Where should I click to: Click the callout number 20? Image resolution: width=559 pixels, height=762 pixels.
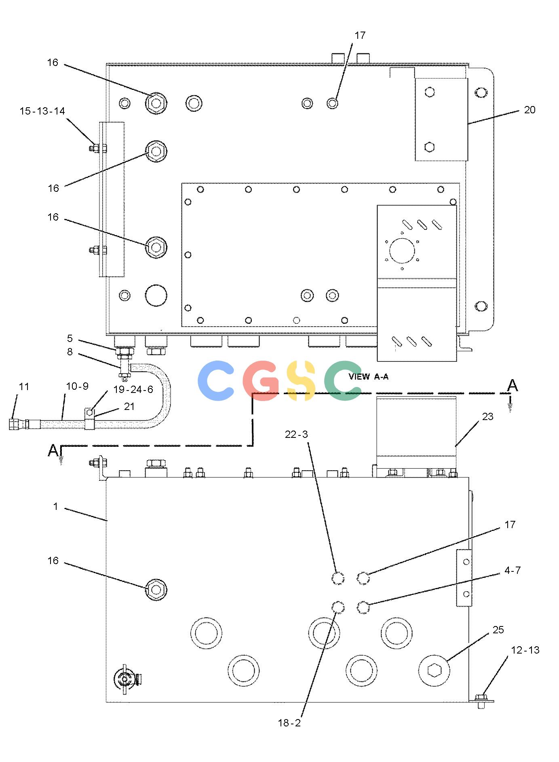(529, 110)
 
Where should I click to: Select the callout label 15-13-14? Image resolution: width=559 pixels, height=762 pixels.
(42, 111)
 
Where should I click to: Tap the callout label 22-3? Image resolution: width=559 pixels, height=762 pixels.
(296, 435)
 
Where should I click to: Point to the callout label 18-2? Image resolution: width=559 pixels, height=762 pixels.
(289, 723)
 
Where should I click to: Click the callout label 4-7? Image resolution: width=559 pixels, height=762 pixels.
(513, 571)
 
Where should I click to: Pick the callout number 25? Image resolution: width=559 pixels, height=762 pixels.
(498, 630)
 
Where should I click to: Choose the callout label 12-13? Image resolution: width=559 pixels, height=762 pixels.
(525, 650)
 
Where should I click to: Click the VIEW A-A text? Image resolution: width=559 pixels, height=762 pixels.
(369, 377)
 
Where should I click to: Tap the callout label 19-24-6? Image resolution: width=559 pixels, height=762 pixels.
(133, 389)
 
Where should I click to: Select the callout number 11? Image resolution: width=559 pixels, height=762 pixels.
(24, 387)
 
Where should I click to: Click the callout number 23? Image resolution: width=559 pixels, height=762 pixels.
(488, 416)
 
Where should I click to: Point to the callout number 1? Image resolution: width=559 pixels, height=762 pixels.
(55, 506)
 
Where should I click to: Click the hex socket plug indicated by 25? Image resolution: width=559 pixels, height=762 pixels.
(434, 671)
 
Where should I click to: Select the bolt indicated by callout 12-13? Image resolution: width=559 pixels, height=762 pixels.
(481, 700)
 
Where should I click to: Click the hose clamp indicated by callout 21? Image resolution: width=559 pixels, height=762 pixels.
(90, 419)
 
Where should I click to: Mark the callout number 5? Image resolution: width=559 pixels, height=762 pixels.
(70, 338)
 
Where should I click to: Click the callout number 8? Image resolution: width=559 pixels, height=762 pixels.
(70, 352)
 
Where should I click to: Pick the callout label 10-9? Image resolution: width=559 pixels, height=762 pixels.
(77, 386)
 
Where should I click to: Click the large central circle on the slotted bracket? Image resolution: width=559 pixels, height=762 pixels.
(402, 250)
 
